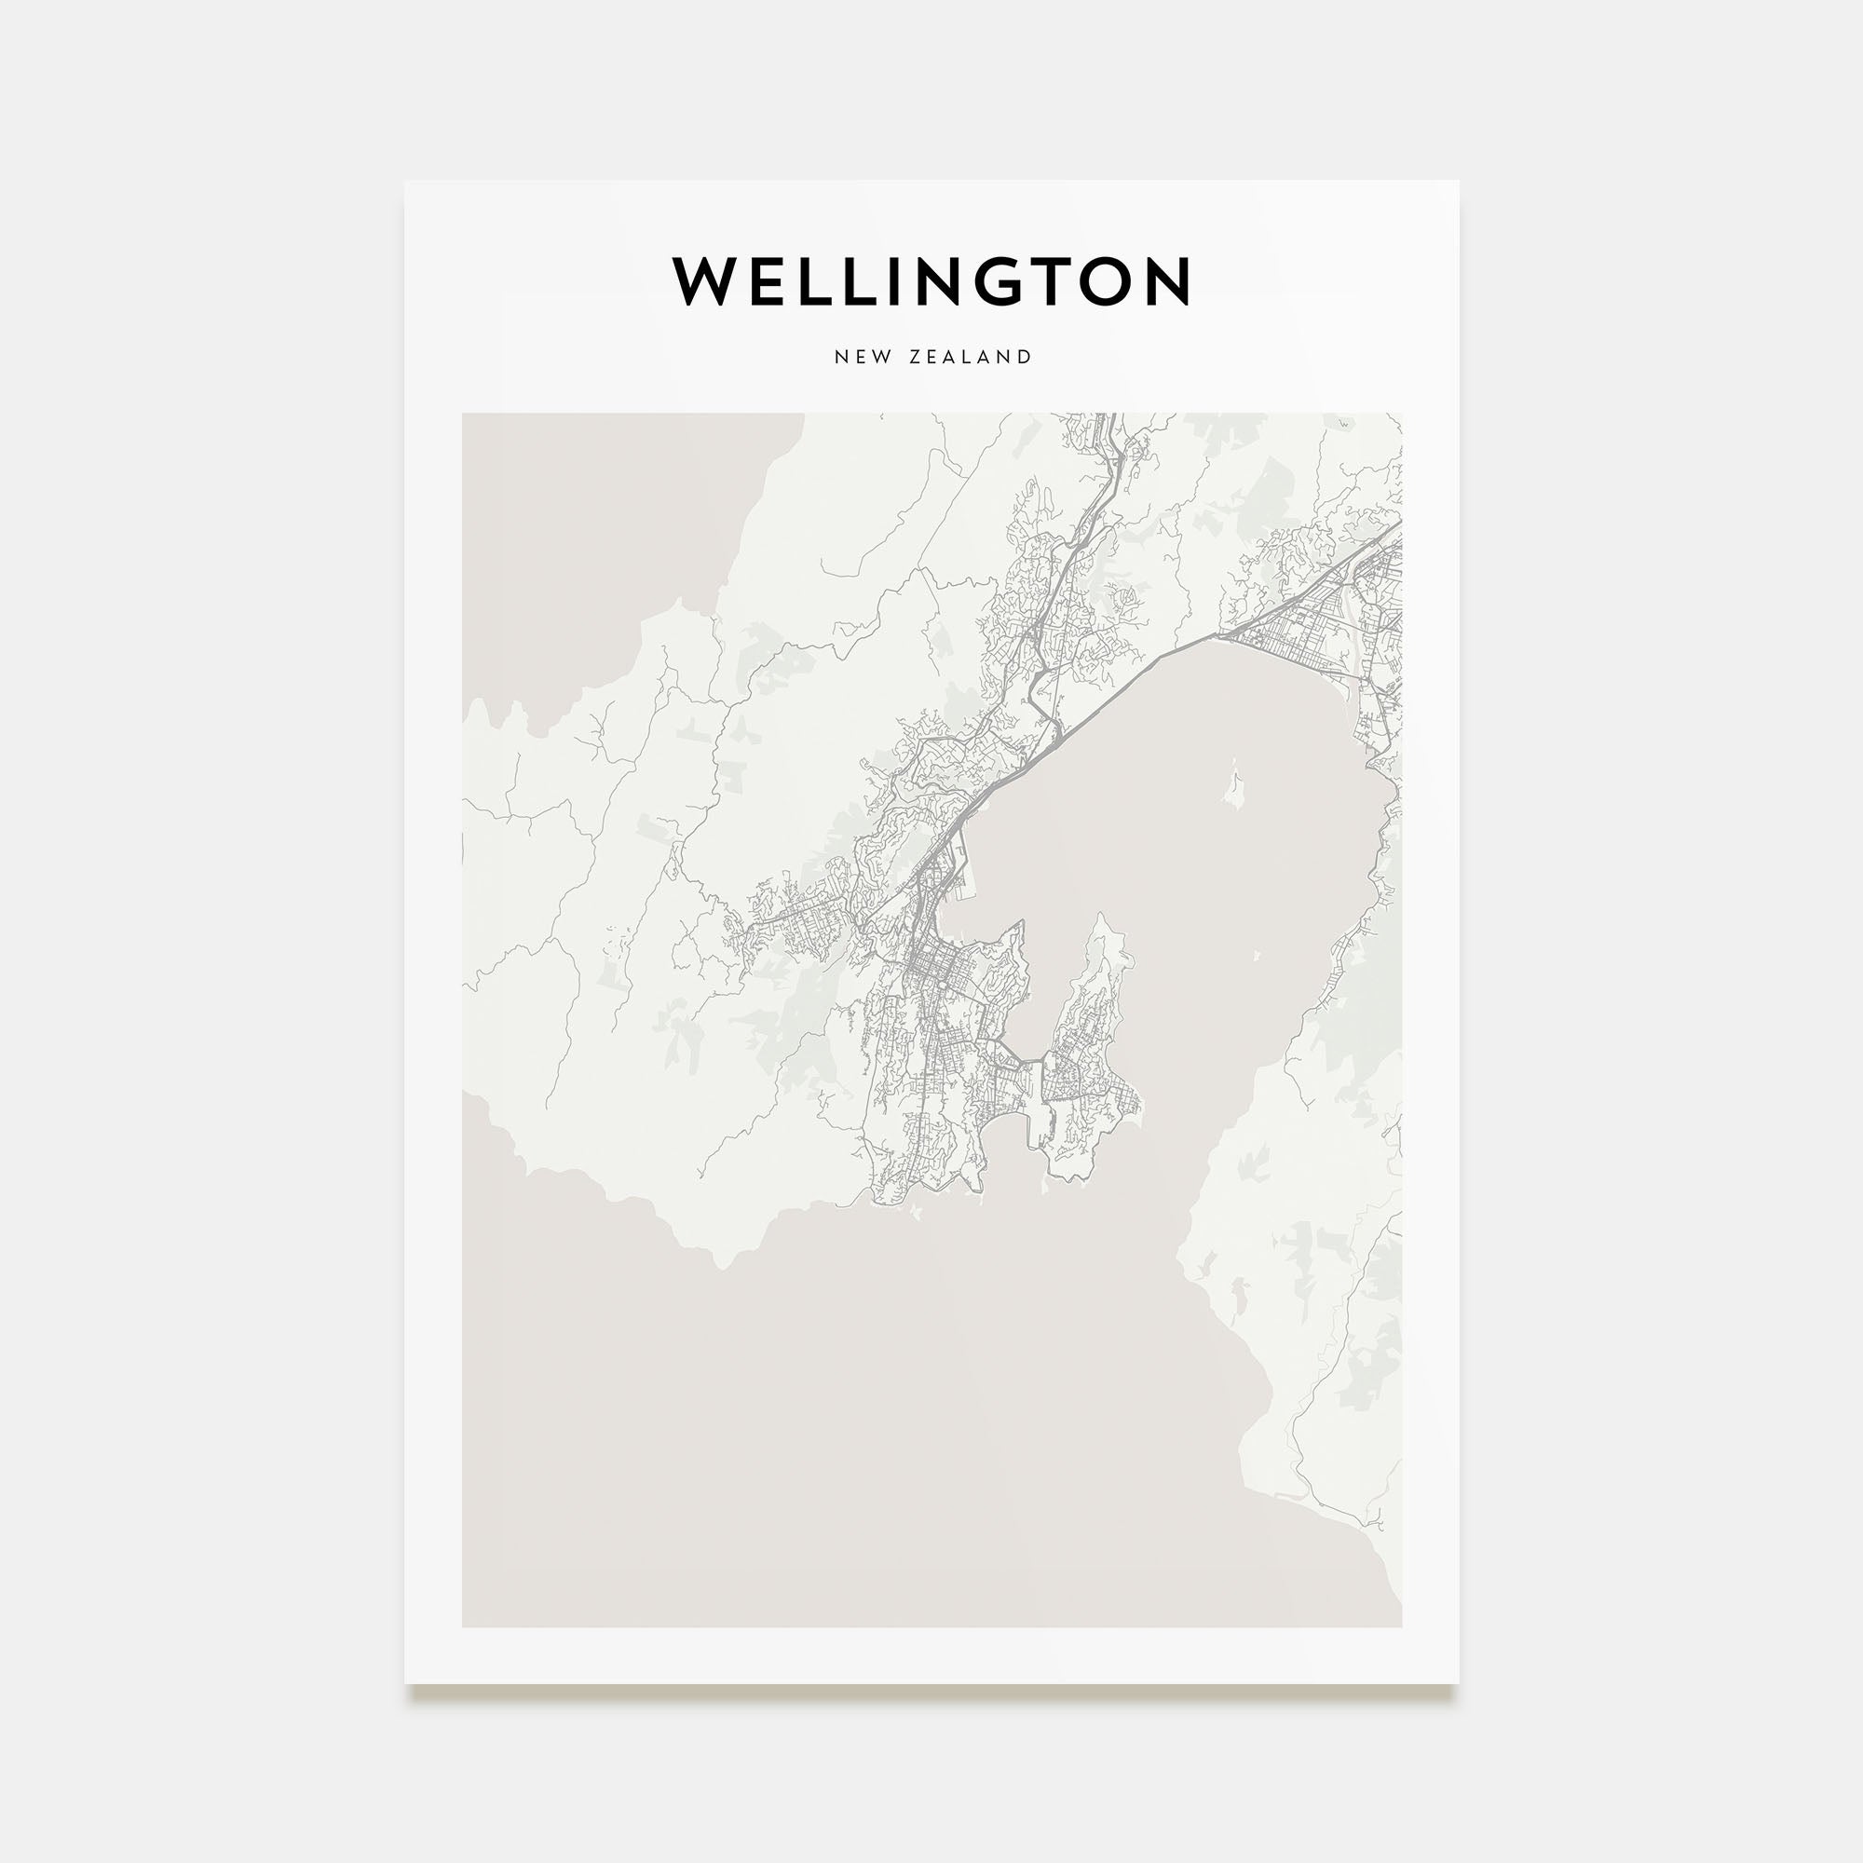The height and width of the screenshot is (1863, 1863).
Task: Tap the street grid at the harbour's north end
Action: click(1302, 627)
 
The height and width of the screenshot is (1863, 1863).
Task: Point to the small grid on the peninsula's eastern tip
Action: click(1123, 1099)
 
